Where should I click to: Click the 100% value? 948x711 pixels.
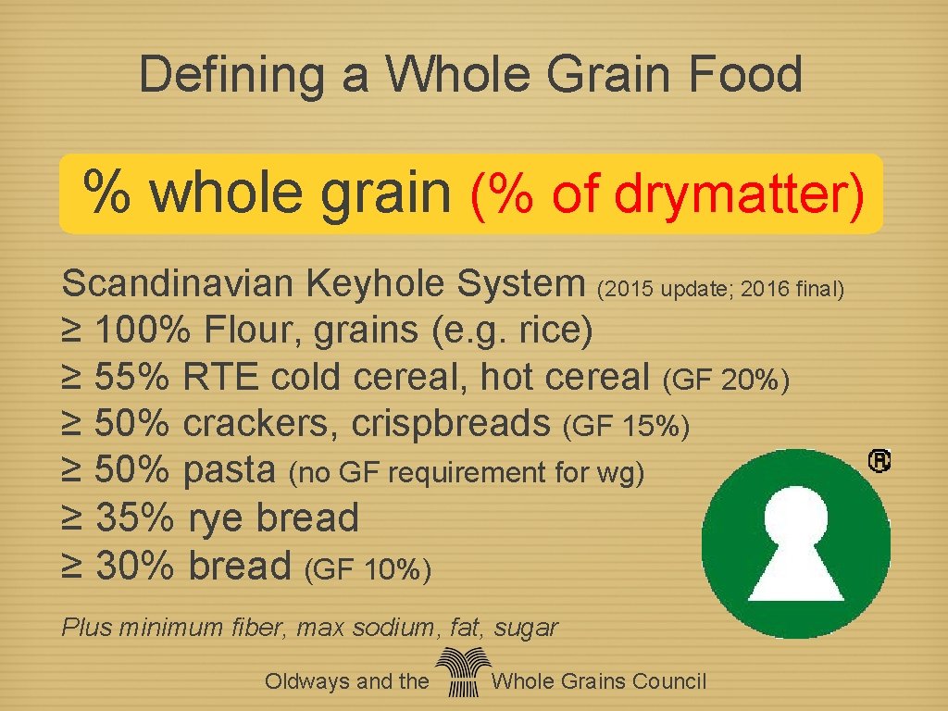(145, 330)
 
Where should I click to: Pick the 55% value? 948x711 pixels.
(132, 377)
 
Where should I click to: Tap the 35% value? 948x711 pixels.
(133, 518)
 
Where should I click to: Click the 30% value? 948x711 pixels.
(133, 565)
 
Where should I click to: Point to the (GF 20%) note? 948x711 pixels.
(727, 380)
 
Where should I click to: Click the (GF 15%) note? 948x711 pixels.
(627, 426)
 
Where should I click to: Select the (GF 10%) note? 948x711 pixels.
(368, 568)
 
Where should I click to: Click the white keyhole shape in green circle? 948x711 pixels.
(796, 542)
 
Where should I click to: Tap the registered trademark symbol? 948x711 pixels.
(879, 461)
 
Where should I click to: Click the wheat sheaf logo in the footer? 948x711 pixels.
(461, 673)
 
